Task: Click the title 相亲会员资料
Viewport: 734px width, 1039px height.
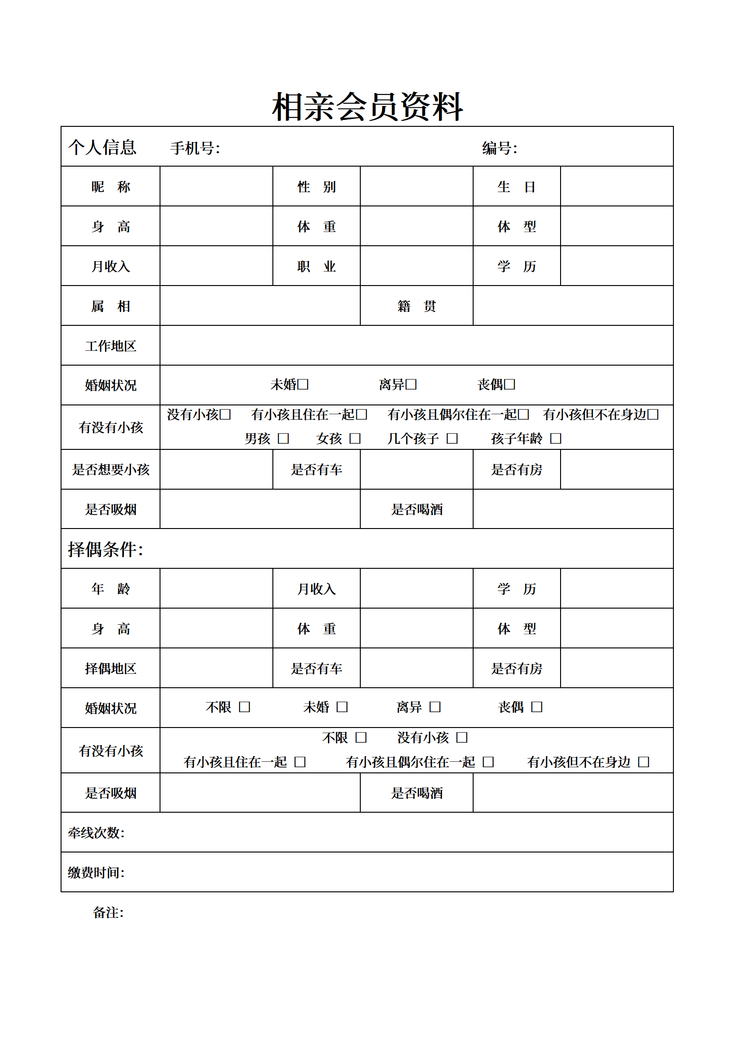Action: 367,107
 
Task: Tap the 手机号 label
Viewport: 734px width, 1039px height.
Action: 195,148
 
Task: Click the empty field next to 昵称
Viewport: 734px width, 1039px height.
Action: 216,187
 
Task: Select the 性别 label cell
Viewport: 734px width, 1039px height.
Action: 316,187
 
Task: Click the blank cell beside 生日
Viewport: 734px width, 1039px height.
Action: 617,187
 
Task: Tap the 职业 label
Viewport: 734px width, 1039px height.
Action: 316,266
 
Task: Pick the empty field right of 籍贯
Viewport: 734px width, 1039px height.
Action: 573,306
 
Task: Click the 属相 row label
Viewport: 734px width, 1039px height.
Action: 111,306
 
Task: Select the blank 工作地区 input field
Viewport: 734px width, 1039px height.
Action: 416,346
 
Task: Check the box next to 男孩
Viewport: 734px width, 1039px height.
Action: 284,438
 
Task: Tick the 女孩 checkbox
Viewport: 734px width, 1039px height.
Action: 355,438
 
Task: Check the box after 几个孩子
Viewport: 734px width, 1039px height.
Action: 452,438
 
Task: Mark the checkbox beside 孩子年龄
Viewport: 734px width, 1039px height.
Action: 555,438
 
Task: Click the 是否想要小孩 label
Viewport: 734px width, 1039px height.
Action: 111,470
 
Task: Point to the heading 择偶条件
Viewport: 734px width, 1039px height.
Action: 105,549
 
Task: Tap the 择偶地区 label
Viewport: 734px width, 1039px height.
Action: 111,668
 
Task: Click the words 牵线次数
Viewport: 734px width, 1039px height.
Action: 96,833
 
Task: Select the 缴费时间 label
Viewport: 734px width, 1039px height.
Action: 96,873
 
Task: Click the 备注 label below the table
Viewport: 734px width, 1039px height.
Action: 108,913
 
